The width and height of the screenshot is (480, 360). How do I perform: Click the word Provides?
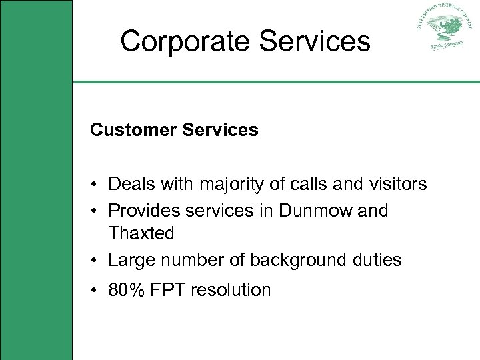pyautogui.click(x=142, y=211)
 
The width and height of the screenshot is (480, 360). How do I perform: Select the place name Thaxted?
pyautogui.click(x=141, y=233)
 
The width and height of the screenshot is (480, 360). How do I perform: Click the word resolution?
pyautogui.click(x=229, y=290)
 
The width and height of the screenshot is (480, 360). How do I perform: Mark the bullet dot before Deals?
pyautogui.click(x=97, y=184)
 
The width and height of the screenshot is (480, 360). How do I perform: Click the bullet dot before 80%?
pyautogui.click(x=97, y=291)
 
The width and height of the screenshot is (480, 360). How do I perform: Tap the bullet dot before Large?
pyautogui.click(x=97, y=261)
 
